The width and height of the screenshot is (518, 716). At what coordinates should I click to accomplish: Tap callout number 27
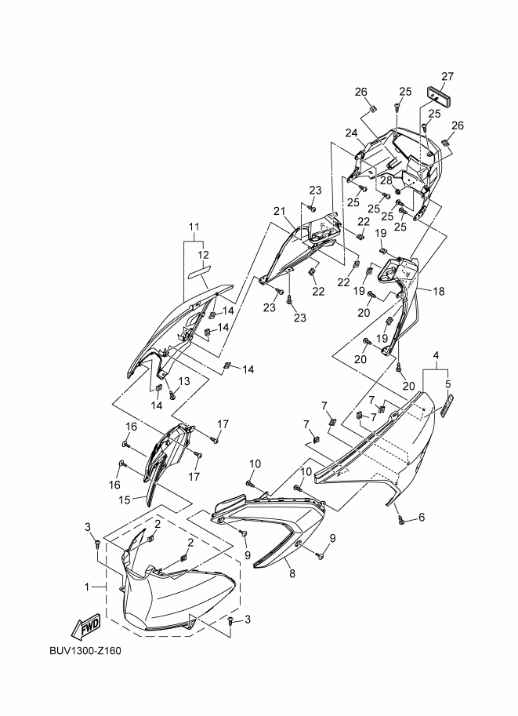coord(447,76)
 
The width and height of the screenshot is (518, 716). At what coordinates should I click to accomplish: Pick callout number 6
coord(421,517)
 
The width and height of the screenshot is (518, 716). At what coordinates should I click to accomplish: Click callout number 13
coord(185,381)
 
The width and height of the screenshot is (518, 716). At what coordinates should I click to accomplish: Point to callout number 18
coord(438,291)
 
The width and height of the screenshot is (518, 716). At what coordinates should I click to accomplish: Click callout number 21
coord(278,211)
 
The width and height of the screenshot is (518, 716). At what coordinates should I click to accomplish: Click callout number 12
coord(203,255)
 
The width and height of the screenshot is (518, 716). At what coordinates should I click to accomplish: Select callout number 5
coord(448,384)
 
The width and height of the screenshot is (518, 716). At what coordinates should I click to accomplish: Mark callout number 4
coord(436,354)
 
